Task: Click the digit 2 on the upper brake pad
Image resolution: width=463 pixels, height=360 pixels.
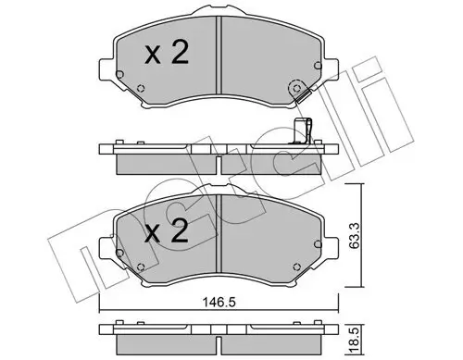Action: (x=179, y=55)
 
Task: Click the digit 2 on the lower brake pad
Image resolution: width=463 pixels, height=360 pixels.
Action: (x=179, y=235)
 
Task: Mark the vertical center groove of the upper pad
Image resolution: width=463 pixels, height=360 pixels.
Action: (x=218, y=56)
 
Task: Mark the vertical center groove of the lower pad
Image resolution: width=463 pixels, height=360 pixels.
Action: (x=218, y=236)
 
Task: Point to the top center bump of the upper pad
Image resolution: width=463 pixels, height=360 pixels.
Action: (x=218, y=16)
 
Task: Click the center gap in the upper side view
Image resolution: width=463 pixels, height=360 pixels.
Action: (x=219, y=160)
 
